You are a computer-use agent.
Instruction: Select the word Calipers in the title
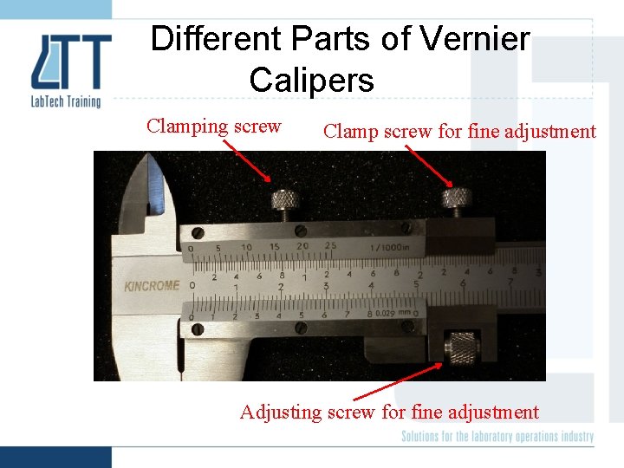click(x=311, y=81)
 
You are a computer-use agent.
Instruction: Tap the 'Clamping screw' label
click(x=213, y=127)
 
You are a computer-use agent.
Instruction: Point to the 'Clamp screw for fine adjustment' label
click(x=459, y=132)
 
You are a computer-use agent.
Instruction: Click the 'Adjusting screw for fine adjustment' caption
click(x=389, y=413)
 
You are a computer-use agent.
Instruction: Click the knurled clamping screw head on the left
click(x=287, y=201)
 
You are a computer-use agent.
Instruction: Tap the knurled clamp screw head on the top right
click(x=455, y=200)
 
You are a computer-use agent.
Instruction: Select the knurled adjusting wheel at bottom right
click(x=459, y=347)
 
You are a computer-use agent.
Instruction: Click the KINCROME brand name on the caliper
click(x=152, y=285)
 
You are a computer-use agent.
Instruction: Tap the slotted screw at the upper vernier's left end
click(x=198, y=232)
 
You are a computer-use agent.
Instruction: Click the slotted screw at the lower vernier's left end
click(x=198, y=329)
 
